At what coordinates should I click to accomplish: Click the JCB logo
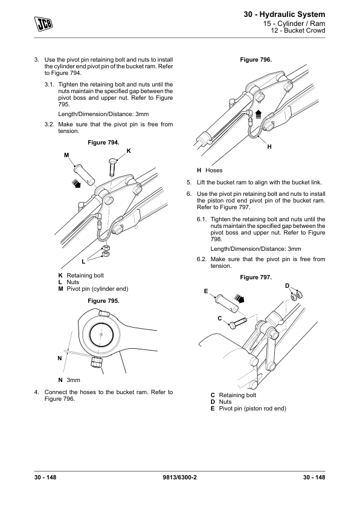(x=43, y=24)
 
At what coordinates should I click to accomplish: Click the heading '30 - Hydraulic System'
(x=284, y=15)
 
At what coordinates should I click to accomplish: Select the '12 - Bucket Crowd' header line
(x=298, y=30)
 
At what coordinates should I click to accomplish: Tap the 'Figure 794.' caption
(x=103, y=143)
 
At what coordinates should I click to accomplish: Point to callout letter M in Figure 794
(x=66, y=155)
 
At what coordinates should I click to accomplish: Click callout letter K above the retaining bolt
(x=129, y=151)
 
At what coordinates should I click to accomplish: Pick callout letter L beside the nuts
(x=83, y=261)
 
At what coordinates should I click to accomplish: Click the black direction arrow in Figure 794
(x=76, y=183)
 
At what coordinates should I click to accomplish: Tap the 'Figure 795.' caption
(x=103, y=301)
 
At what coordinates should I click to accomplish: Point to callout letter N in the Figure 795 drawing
(x=60, y=358)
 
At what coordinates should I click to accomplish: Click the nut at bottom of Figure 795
(x=97, y=362)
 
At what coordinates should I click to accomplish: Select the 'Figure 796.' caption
(x=256, y=60)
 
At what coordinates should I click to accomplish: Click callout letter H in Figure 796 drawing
(x=269, y=147)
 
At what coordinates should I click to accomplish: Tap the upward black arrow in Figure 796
(x=259, y=114)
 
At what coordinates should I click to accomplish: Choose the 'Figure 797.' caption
(x=256, y=277)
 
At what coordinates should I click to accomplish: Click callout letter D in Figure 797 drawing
(x=287, y=286)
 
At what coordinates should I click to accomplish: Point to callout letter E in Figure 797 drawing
(x=206, y=291)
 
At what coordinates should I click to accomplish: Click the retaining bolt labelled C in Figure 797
(x=238, y=323)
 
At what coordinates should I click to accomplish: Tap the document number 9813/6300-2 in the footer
(x=179, y=477)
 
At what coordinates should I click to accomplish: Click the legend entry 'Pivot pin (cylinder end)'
(x=97, y=288)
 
